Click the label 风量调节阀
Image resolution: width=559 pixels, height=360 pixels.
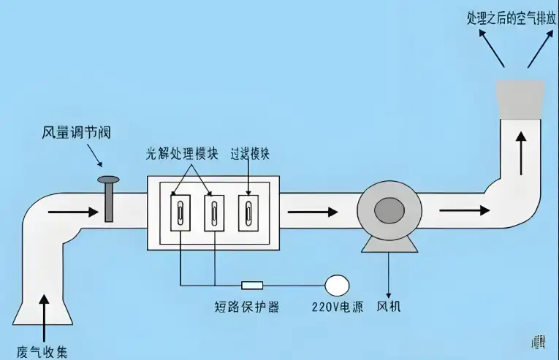click(x=76, y=133)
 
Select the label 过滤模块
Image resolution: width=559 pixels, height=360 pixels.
click(x=250, y=156)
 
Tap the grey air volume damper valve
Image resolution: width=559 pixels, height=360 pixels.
click(x=109, y=198)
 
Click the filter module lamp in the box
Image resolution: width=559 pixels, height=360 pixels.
click(x=250, y=213)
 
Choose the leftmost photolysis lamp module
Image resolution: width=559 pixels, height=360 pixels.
click(x=180, y=213)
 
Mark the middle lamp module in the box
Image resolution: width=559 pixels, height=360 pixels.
click(x=215, y=213)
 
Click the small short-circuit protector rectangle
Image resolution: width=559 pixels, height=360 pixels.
click(x=252, y=284)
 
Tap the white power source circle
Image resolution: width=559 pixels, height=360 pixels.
click(x=337, y=283)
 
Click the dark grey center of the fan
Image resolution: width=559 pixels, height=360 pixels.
click(x=387, y=211)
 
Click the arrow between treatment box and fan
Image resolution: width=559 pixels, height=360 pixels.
click(x=313, y=212)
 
